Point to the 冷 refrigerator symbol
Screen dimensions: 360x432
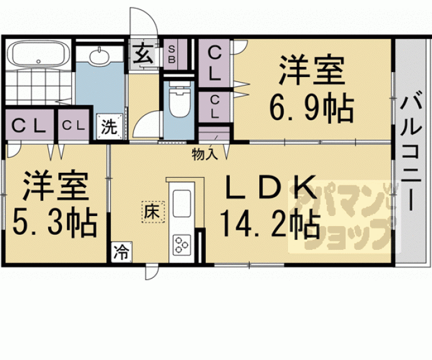click(x=121, y=252)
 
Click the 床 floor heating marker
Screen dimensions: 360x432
click(x=152, y=211)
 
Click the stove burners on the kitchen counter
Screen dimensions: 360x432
click(x=182, y=242)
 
